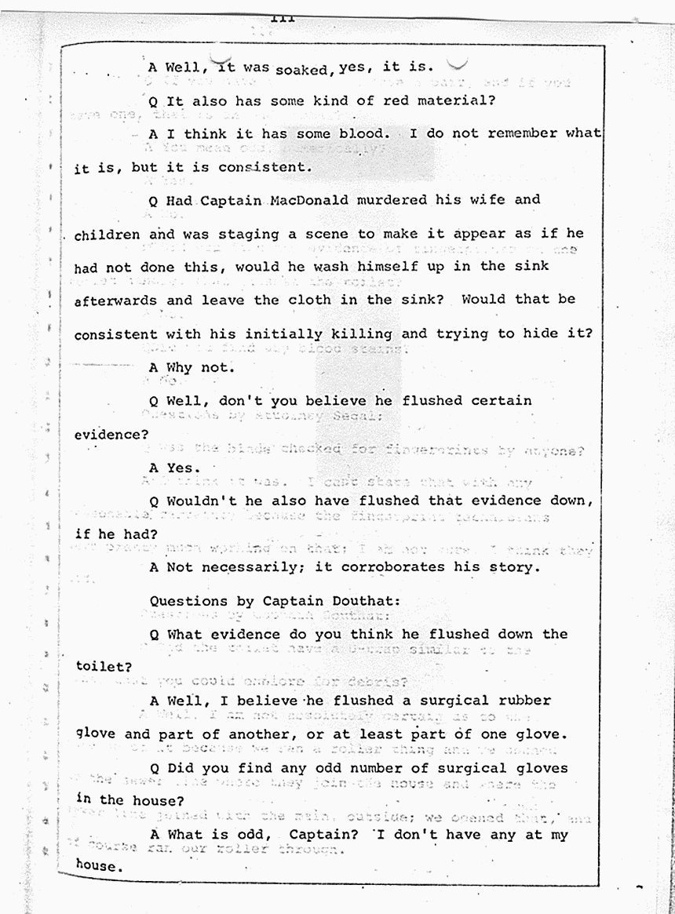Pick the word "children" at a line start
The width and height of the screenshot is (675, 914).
(x=108, y=234)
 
